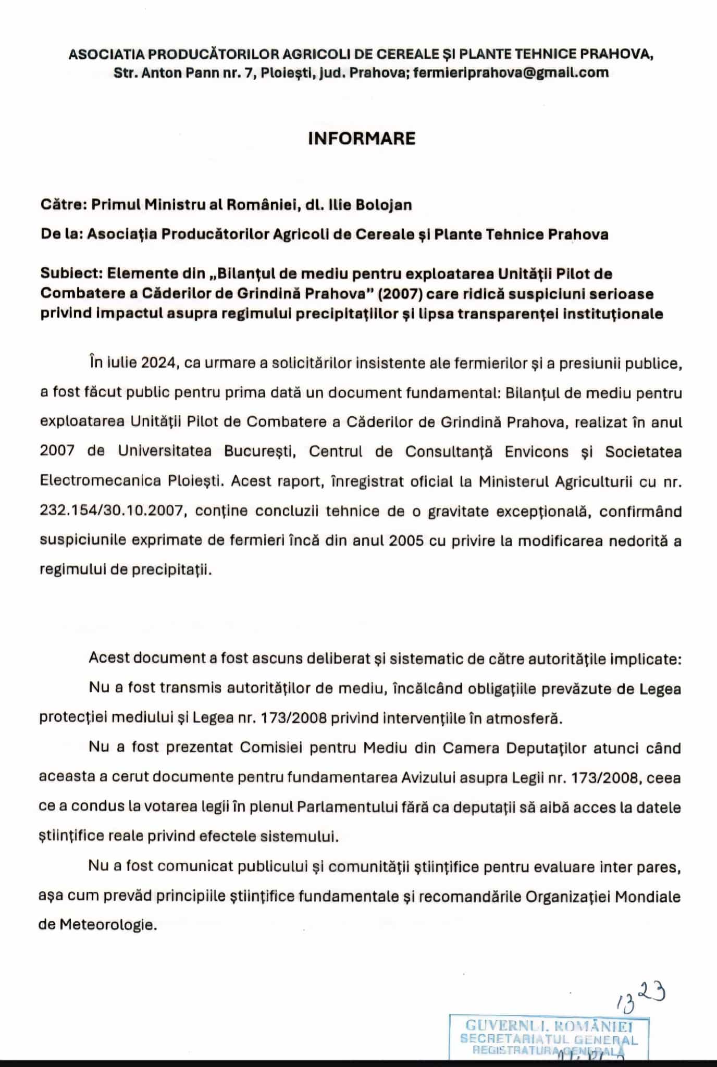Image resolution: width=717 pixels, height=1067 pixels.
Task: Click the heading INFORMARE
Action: point(362,139)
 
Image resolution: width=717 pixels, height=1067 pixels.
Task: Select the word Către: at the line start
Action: point(63,205)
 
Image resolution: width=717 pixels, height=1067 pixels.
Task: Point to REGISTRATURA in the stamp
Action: point(514,1050)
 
